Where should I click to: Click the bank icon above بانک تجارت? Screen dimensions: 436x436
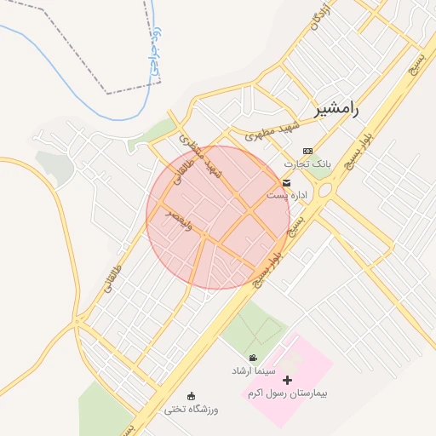[307, 151]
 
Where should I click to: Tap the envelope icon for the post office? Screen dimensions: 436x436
[285, 183]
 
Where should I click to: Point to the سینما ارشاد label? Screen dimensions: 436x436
[253, 371]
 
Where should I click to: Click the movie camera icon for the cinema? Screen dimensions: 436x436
[254, 359]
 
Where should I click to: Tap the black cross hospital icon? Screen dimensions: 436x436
[287, 381]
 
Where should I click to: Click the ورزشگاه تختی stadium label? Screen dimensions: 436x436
[192, 410]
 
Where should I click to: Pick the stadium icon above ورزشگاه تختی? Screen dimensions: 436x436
[192, 396]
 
